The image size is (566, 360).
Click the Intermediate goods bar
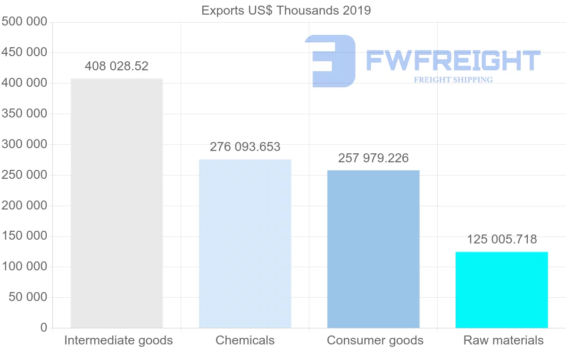pos(117,203)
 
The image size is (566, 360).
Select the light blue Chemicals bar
pos(245,243)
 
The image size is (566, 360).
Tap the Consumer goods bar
pos(373,249)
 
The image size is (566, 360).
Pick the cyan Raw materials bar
pos(501,290)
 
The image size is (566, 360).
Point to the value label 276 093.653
pos(245,147)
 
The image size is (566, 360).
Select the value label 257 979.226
pos(373,158)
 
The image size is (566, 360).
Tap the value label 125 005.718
pos(501,240)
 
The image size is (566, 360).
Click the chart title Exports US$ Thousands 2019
pos(286,10)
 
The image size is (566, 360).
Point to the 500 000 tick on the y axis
pos(25,22)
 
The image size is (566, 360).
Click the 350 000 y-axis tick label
pos(25,114)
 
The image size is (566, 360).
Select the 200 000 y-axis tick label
pos(25,206)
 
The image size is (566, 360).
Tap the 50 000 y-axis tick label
pos(28,297)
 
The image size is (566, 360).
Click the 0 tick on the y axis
pos(44,327)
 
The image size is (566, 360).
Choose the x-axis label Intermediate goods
pos(118,340)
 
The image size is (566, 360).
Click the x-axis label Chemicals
pos(245,340)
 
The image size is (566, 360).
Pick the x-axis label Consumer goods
pos(375,340)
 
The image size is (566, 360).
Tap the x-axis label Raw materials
pos(503,340)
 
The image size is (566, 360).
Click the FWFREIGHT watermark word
pos(453,61)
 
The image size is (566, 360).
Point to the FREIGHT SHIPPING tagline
pos(453,80)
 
